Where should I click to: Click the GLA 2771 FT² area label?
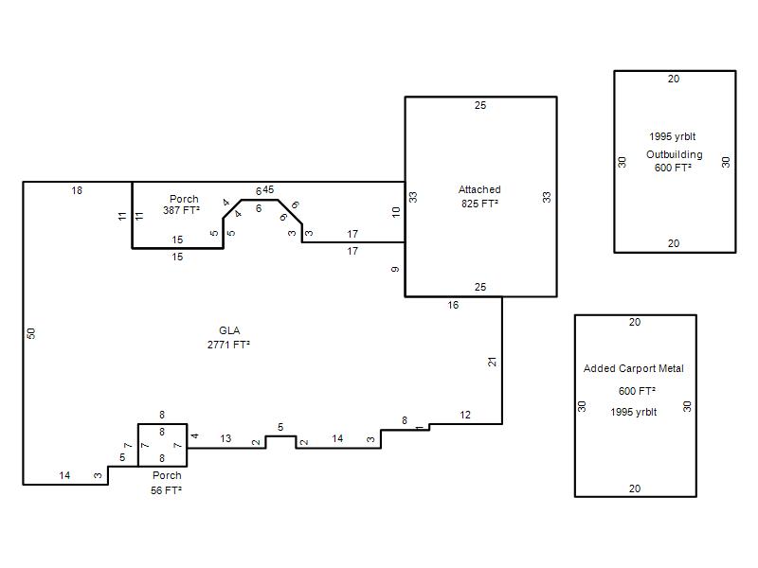(228, 337)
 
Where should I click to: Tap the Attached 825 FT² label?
(479, 196)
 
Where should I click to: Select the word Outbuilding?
(675, 154)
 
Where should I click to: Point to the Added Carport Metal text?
(633, 368)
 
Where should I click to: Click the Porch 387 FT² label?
(182, 204)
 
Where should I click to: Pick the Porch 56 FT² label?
(167, 483)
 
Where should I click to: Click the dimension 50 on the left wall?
(31, 333)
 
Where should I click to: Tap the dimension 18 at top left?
(77, 190)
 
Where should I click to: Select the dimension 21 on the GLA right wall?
(492, 362)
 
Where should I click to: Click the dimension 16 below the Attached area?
(453, 305)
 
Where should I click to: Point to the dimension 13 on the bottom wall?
(226, 438)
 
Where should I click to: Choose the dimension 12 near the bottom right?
(465, 415)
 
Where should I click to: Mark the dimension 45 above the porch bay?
(268, 189)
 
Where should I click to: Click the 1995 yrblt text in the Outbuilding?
(673, 136)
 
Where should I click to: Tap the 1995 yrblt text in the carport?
(633, 412)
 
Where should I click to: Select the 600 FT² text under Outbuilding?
(673, 168)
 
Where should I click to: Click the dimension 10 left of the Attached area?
(396, 211)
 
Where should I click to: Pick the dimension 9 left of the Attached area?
(395, 269)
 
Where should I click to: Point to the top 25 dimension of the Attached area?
(480, 105)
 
